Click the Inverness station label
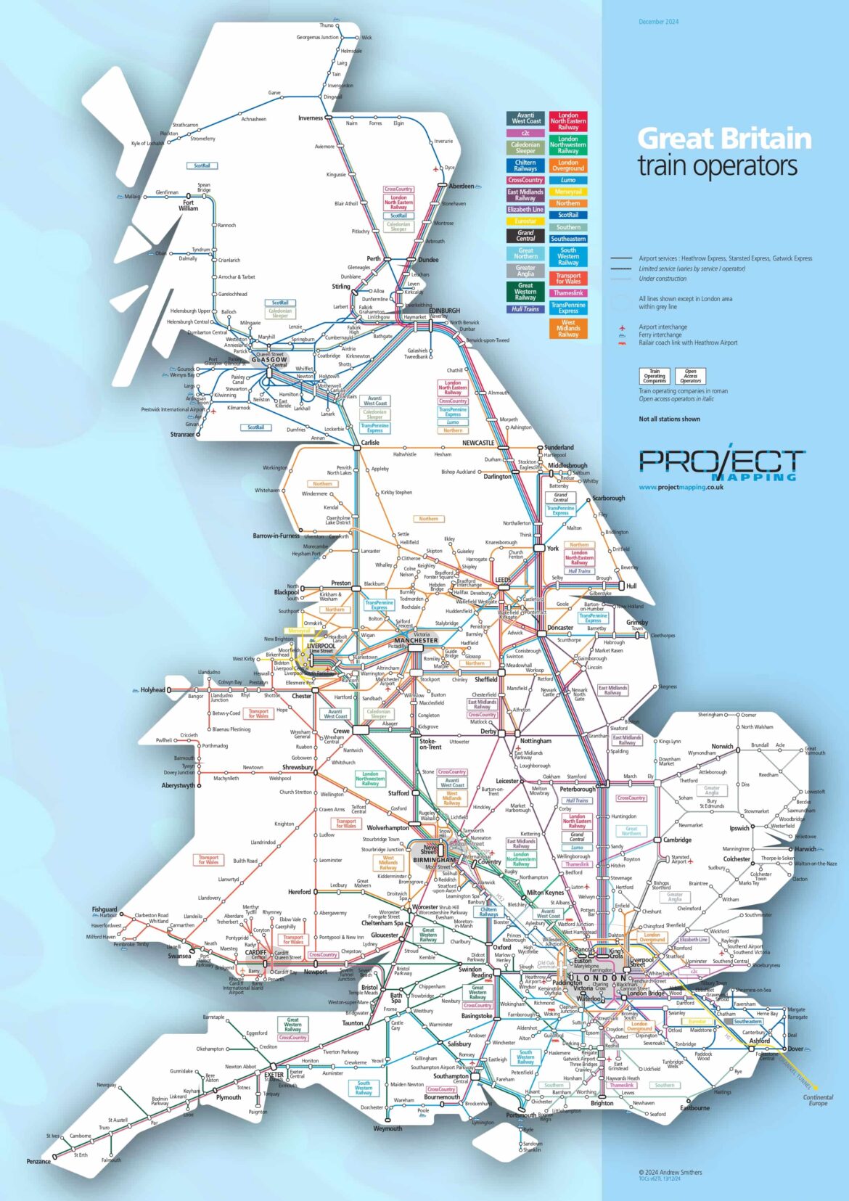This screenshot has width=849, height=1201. [x=310, y=118]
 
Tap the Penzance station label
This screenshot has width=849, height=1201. [x=38, y=1161]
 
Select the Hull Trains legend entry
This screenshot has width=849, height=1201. [x=525, y=309]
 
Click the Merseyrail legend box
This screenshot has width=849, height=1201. [x=568, y=192]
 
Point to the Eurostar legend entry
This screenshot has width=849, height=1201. [x=525, y=221]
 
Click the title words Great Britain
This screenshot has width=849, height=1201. [x=723, y=139]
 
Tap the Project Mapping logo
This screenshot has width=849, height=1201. [x=722, y=464]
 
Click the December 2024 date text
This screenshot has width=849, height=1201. [x=658, y=22]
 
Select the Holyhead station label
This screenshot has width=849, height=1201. [x=152, y=690]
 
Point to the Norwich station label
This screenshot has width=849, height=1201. [x=721, y=746]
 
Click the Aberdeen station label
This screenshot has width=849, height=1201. [x=462, y=186]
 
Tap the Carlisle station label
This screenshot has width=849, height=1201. [x=370, y=442]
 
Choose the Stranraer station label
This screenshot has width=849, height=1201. [x=182, y=434]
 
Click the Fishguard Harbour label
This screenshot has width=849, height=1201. [x=104, y=911]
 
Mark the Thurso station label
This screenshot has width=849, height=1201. [x=327, y=25]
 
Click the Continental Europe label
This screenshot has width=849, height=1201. [x=818, y=1100]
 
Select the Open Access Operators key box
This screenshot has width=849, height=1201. [x=690, y=376]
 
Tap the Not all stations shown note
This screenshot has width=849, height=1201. [x=669, y=419]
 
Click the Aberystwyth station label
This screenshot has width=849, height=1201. [x=178, y=785]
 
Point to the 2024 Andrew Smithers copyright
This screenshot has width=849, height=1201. [x=670, y=1172]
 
